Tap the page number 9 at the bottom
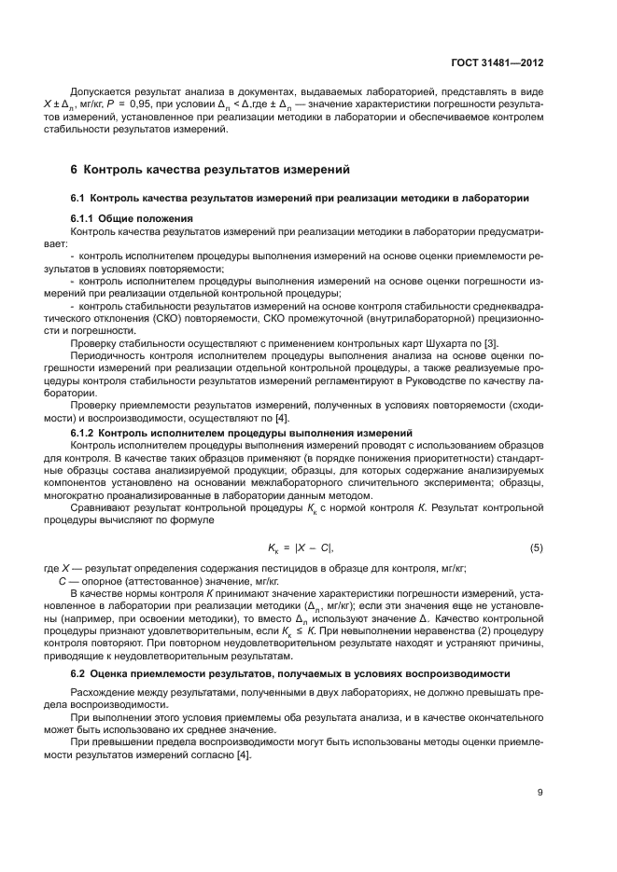point(540,793)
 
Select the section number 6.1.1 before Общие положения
point(84,217)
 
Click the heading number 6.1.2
point(84,434)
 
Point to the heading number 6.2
point(80,673)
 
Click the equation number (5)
point(536,547)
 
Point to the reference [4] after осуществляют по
point(281,418)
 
